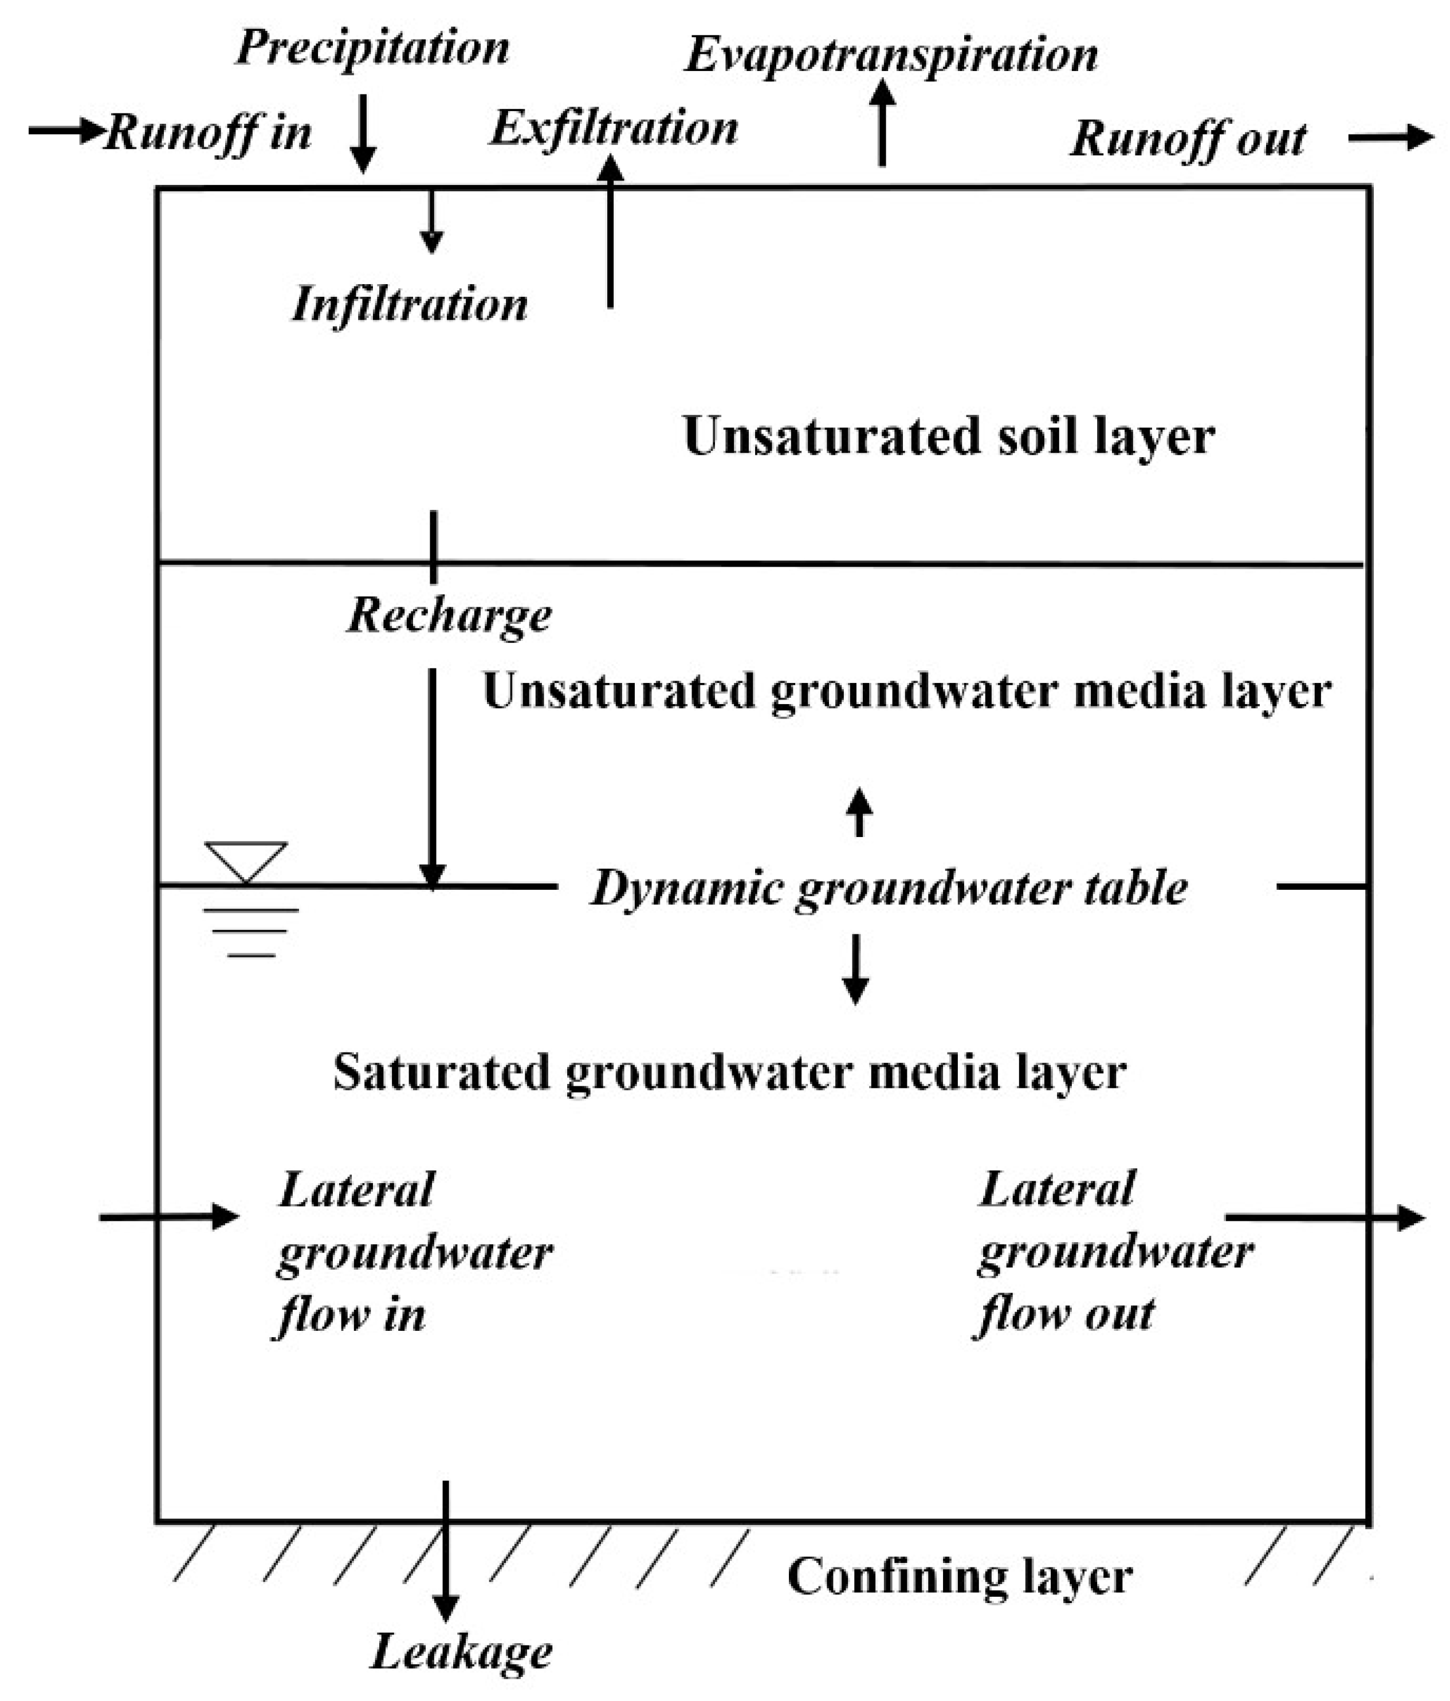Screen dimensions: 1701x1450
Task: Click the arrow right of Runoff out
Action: click(x=1390, y=137)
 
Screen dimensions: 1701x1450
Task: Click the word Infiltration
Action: click(x=410, y=305)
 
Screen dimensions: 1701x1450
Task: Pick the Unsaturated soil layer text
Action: click(x=948, y=436)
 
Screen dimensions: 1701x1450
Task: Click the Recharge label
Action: click(x=449, y=616)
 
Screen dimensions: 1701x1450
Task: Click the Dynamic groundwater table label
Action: click(x=889, y=888)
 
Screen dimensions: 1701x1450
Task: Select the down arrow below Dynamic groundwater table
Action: click(x=855, y=969)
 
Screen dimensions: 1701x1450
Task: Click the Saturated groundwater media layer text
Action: click(x=729, y=1072)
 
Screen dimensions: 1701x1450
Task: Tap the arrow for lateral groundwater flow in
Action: click(x=168, y=1216)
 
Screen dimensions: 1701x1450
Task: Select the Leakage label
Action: click(x=461, y=1651)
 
